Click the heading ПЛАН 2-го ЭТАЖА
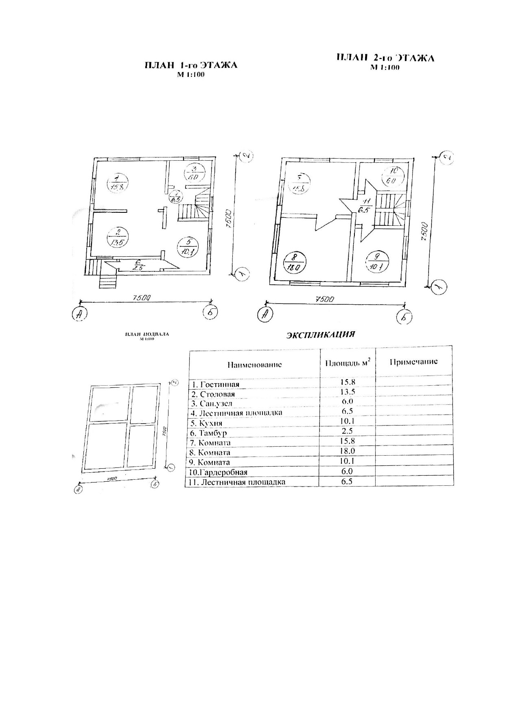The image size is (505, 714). click(385, 58)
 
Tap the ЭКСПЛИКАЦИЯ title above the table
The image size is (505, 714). click(321, 335)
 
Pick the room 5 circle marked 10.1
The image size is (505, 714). click(188, 247)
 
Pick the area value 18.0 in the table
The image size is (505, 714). click(348, 452)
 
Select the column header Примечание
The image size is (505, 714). click(413, 362)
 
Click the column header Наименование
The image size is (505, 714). click(254, 364)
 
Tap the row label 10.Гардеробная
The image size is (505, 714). click(219, 472)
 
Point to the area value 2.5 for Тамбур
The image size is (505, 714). click(348, 431)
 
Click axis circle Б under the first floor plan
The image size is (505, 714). click(210, 312)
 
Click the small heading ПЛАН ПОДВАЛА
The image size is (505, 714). click(147, 334)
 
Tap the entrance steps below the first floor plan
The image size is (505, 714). click(108, 282)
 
